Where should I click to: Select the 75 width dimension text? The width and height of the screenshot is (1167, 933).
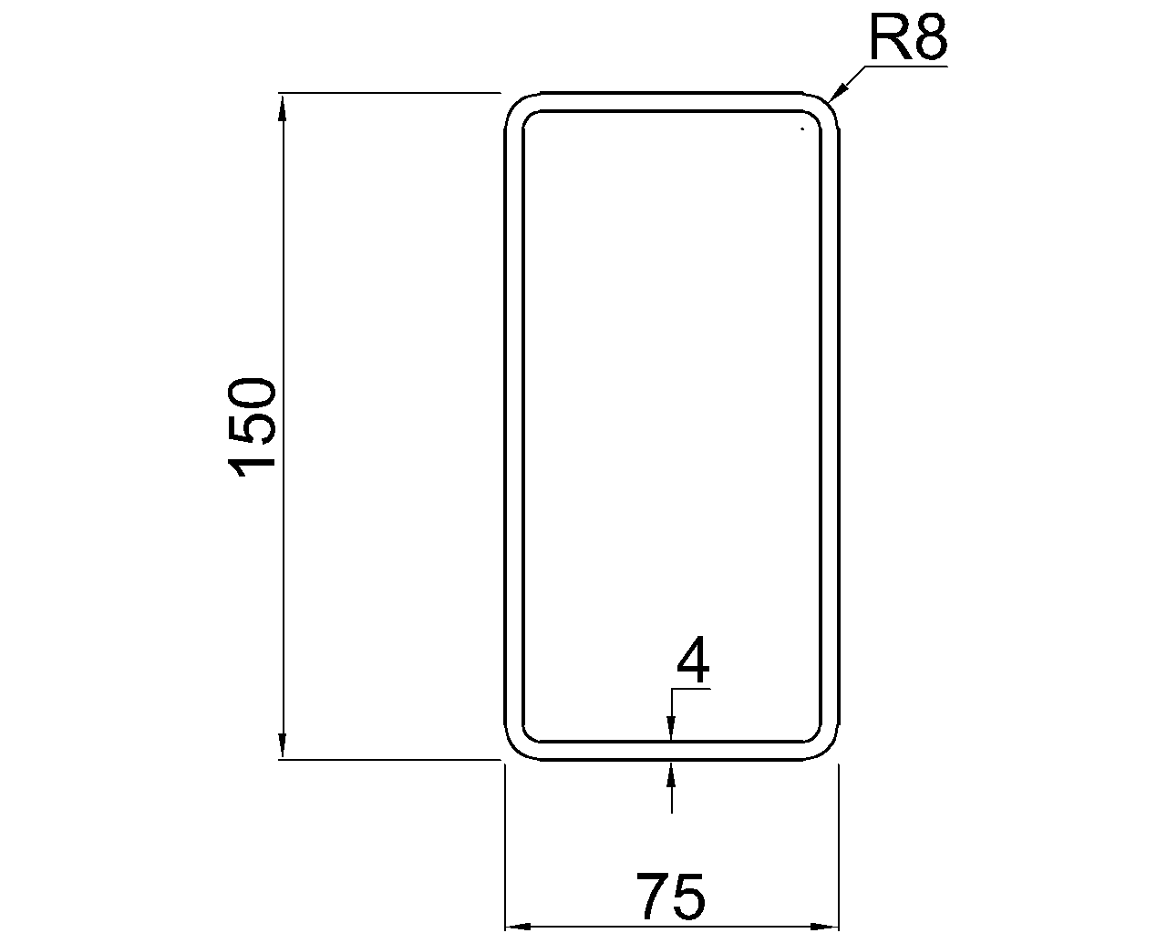coord(671,897)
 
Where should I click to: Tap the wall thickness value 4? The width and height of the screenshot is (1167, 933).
coord(693,661)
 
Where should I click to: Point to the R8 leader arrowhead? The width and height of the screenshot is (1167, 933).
coord(839,91)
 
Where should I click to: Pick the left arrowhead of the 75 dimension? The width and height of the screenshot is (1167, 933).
coord(518,926)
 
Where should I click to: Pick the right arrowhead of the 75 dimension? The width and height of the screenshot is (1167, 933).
coord(826,926)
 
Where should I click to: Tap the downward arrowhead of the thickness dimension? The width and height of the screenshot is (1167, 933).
coord(671,728)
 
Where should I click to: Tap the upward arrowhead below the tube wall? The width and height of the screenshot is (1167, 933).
coord(671,773)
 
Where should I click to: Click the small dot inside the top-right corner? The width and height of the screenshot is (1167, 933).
coord(801,129)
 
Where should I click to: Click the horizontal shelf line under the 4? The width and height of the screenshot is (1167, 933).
coord(690,690)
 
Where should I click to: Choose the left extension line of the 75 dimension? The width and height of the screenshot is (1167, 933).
coord(505,847)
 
